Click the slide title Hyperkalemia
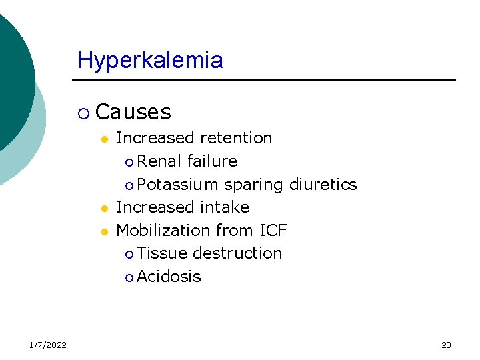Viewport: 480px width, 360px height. (x=150, y=61)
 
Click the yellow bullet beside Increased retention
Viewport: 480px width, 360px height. (x=104, y=139)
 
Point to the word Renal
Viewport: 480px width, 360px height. (x=160, y=161)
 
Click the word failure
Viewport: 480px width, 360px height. (x=212, y=161)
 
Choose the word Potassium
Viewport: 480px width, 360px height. (x=178, y=185)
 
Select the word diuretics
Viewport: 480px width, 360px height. (x=323, y=185)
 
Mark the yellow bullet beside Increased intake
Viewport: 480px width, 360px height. (x=104, y=209)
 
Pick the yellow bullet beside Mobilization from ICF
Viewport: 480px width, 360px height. (x=104, y=232)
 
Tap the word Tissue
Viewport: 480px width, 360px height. (x=162, y=253)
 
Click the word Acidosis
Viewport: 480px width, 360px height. (x=169, y=277)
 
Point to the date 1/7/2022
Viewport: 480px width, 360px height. (x=47, y=345)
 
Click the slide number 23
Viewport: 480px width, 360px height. (x=446, y=345)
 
